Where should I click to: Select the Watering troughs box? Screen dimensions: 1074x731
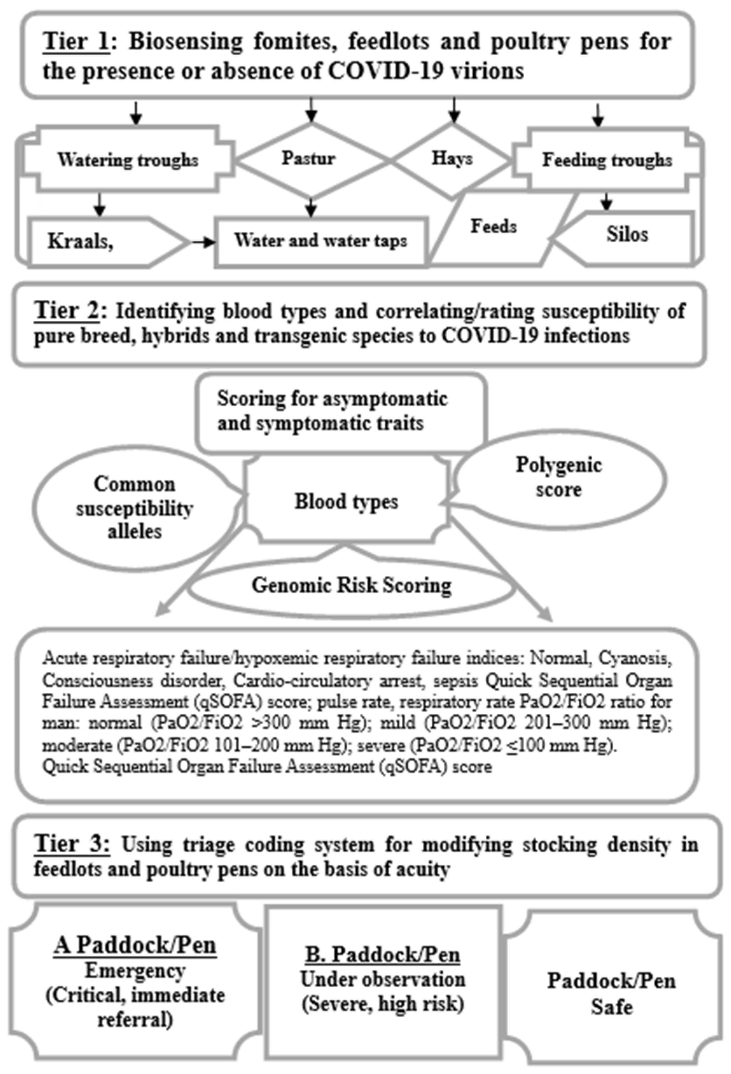128,160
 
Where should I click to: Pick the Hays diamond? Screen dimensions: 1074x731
452,159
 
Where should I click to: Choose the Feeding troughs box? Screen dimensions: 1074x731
607,160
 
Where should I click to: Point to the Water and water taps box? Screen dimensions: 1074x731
320,240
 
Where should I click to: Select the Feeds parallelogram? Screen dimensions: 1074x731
494,226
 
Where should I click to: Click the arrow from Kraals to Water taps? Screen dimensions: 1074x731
203,242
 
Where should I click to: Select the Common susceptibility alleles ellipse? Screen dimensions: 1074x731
135,508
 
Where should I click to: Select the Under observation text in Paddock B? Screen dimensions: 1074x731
383,979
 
